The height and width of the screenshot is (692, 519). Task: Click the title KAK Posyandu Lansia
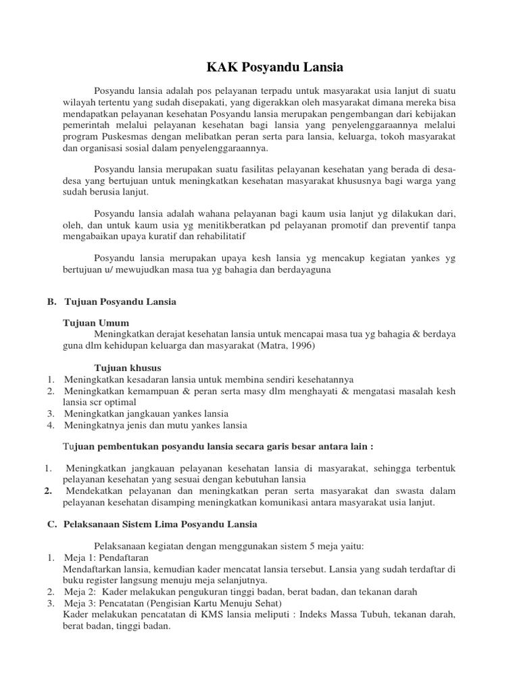(274, 68)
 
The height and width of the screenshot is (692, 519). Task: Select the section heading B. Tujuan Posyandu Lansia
(112, 301)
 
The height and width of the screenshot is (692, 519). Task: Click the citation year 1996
(301, 345)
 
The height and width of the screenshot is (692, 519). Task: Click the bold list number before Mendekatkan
(48, 491)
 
